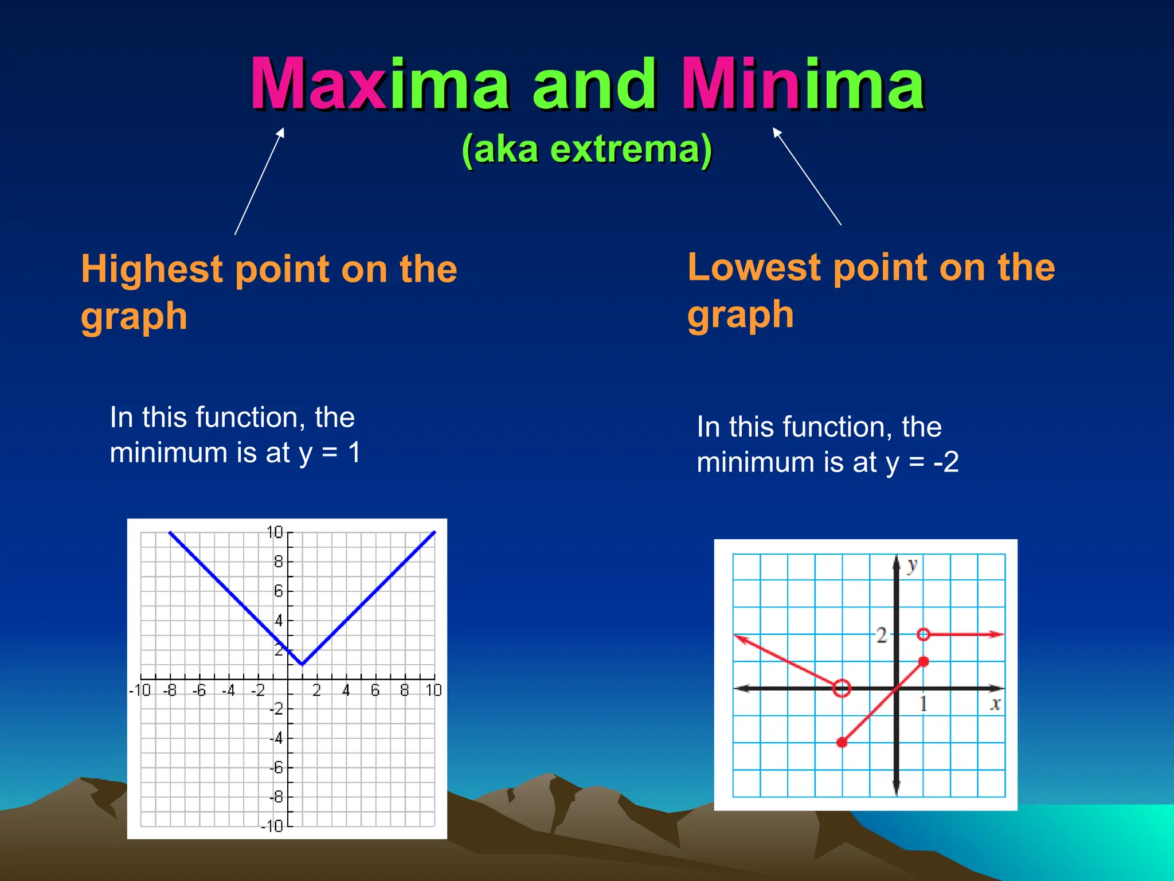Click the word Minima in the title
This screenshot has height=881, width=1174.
(803, 84)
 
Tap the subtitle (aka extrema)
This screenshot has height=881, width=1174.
(586, 149)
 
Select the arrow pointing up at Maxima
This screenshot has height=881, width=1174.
(259, 181)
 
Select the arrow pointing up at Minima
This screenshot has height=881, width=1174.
(807, 176)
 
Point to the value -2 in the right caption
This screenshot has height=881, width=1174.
(946, 462)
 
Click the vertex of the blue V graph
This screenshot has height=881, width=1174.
(302, 664)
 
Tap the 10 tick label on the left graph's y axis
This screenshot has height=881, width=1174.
(275, 533)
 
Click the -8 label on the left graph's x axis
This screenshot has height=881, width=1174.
(170, 690)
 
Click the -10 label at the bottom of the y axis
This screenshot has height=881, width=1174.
(272, 827)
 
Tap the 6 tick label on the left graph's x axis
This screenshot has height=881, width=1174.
(375, 690)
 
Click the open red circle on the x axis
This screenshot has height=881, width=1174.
(842, 688)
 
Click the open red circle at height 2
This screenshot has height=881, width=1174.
(923, 634)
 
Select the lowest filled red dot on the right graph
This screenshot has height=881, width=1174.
(842, 743)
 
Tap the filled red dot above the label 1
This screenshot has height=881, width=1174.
(923, 661)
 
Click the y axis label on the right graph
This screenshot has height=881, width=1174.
(912, 566)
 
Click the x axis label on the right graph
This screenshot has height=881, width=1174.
(995, 704)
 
